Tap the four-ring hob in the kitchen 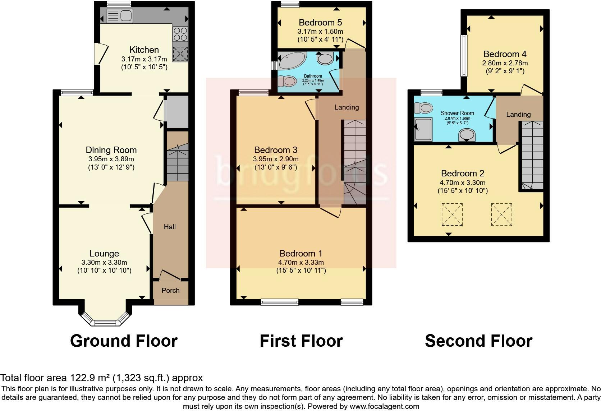coord(180,34)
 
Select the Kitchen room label coord(144,50)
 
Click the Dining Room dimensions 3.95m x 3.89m coord(111,159)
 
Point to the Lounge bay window coord(104,318)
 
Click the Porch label coord(170,290)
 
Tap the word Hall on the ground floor coord(170,227)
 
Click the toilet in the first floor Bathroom coord(287,82)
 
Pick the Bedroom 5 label coord(320,23)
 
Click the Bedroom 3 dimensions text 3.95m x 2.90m coord(276,159)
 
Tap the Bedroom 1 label coord(301,253)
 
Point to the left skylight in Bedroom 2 coord(452,214)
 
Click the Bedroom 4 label coord(505,54)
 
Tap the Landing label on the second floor coord(518,114)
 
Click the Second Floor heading coord(478,341)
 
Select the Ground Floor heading coord(124,341)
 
